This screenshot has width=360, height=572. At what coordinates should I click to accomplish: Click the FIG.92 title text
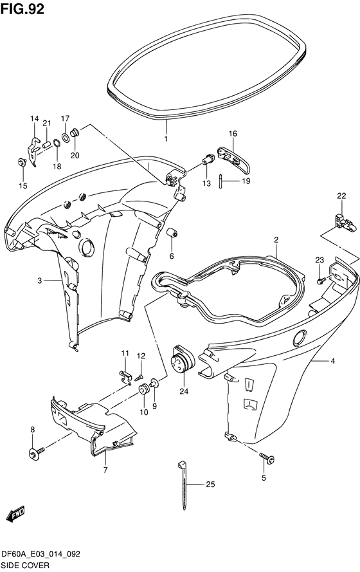click(x=22, y=9)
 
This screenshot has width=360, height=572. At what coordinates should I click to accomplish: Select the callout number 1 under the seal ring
click(x=166, y=139)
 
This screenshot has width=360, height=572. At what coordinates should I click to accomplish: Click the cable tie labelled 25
click(x=184, y=484)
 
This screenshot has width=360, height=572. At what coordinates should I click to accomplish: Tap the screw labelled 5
click(x=268, y=458)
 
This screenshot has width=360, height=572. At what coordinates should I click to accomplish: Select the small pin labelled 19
click(x=221, y=181)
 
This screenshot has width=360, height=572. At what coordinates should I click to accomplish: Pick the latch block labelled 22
click(x=343, y=222)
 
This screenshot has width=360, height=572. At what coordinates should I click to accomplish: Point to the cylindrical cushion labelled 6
click(x=172, y=232)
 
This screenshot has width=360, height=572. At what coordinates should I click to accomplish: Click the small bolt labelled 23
click(x=321, y=281)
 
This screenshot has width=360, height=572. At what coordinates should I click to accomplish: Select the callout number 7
click(x=105, y=470)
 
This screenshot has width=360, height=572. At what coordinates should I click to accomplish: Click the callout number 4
click(x=332, y=361)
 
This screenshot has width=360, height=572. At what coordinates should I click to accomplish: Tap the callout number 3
click(x=39, y=281)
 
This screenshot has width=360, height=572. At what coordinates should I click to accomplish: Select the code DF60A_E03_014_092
click(x=40, y=555)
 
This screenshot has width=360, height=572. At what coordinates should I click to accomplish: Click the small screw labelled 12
click(x=139, y=378)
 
